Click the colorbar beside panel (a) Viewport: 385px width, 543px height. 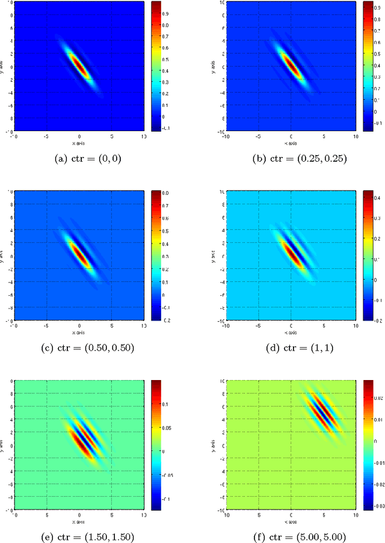coord(156,66)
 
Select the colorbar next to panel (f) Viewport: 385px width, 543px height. coord(368,445)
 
